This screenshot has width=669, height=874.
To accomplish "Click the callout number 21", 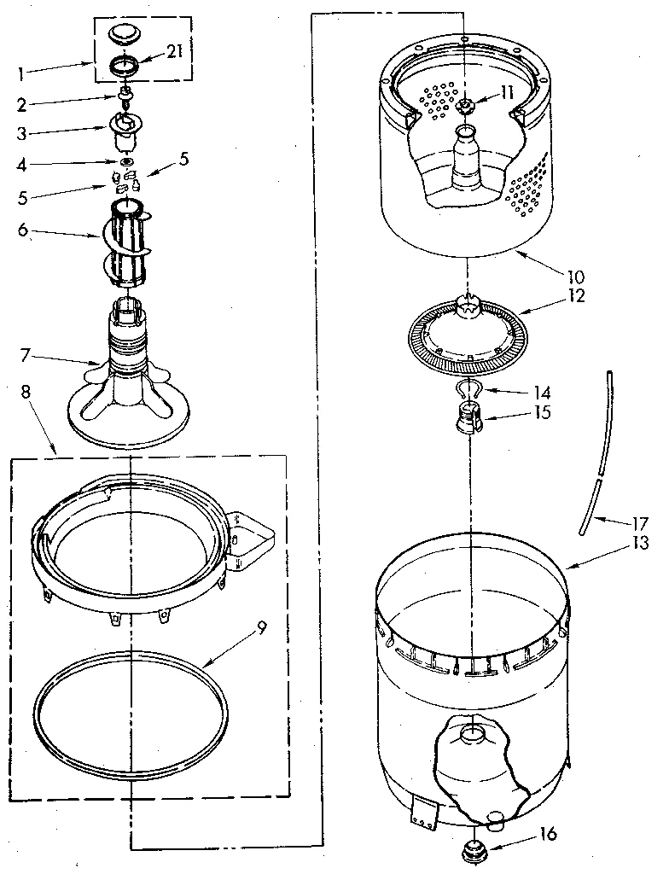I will pyautogui.click(x=174, y=52).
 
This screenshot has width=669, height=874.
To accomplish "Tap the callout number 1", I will pyautogui.click(x=20, y=73).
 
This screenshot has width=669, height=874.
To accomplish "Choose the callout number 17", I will pyautogui.click(x=642, y=523).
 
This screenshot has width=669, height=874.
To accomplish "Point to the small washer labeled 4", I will pyautogui.click(x=126, y=161).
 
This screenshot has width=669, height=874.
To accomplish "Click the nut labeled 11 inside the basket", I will pyautogui.click(x=465, y=106).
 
